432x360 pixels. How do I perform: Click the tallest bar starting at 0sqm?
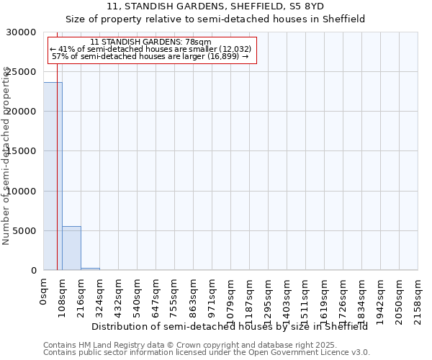[x=53, y=176]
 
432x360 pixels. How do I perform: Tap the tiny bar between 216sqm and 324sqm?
[x=90, y=269]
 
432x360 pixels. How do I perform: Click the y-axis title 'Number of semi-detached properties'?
[x=6, y=156]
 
